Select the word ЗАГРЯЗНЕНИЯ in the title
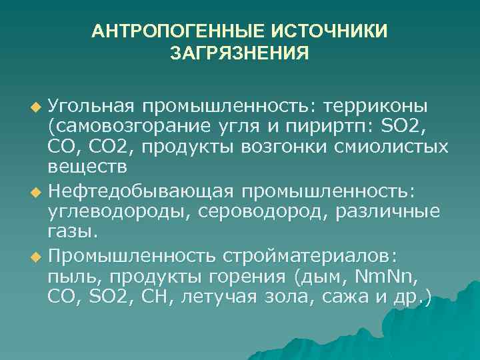240,52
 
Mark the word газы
72,232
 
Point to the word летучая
211,297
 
